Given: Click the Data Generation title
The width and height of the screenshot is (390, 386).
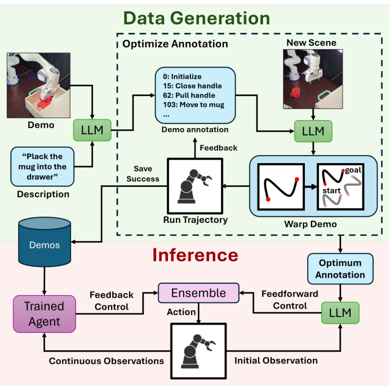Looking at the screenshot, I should click(x=197, y=19).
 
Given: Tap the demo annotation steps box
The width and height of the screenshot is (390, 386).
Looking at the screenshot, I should click(x=194, y=94).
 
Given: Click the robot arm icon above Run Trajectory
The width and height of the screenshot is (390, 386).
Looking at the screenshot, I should click(x=192, y=183).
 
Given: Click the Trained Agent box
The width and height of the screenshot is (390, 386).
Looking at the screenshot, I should click(x=43, y=314).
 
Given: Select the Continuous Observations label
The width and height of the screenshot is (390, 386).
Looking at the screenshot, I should click(x=107, y=360).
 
